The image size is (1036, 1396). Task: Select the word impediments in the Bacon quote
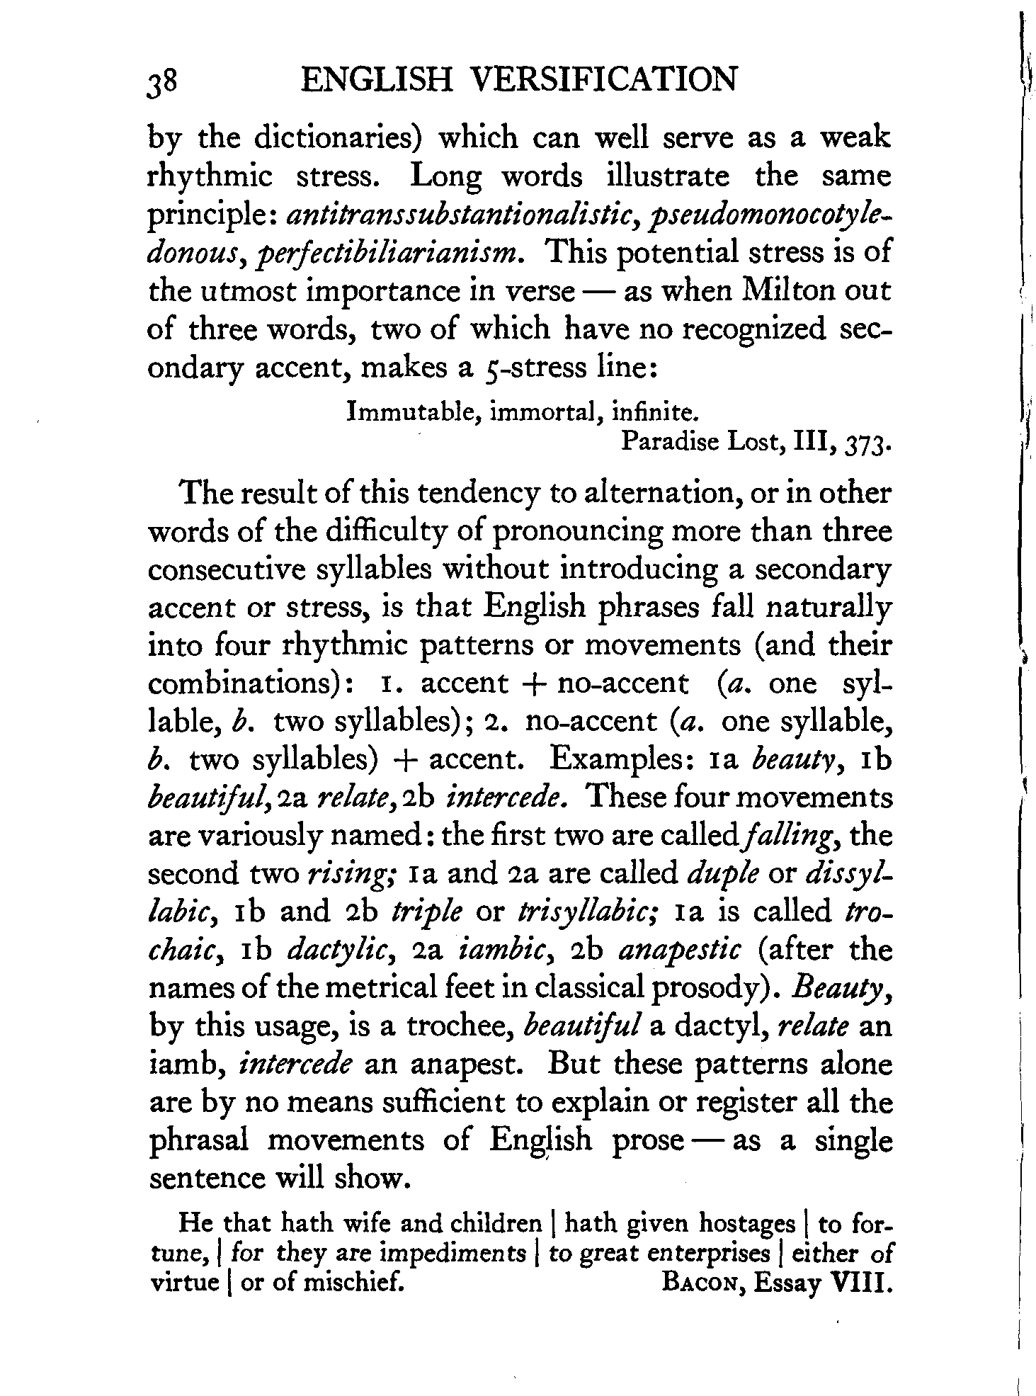(453, 1254)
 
